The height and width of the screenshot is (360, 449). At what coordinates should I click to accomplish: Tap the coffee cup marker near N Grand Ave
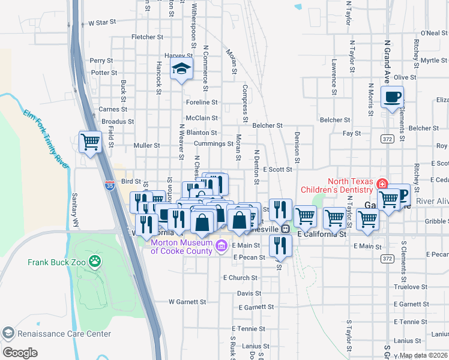click(x=392, y=97)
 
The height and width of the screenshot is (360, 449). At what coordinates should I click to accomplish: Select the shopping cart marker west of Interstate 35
click(x=90, y=142)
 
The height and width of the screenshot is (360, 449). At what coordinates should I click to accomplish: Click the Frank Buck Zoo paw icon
click(x=94, y=261)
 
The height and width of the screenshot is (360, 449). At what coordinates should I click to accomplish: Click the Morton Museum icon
click(x=220, y=245)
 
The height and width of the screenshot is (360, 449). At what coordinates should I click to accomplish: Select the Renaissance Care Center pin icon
click(x=8, y=333)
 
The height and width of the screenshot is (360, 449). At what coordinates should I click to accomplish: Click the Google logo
click(x=20, y=353)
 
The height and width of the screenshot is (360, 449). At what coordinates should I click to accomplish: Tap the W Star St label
click(x=101, y=23)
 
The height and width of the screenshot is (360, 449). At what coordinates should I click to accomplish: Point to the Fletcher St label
click(x=147, y=37)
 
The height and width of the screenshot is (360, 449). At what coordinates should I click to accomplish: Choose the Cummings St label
click(x=214, y=144)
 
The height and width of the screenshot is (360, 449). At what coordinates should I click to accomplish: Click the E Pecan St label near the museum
click(x=249, y=257)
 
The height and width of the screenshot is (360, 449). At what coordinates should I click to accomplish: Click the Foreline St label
click(x=201, y=103)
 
